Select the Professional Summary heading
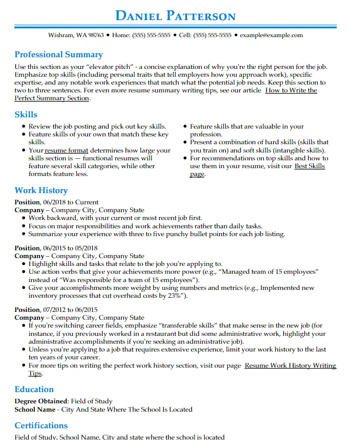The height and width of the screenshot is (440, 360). click(59, 54)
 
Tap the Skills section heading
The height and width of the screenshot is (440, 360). click(26, 114)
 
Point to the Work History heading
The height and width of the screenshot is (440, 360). click(41, 190)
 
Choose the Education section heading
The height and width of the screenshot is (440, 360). click(34, 389)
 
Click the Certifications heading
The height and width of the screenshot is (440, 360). click(41, 425)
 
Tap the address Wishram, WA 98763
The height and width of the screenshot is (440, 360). click(76, 35)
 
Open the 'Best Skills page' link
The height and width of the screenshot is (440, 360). click(309, 166)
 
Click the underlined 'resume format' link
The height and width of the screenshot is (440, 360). click(66, 151)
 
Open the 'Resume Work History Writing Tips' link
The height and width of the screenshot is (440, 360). click(290, 366)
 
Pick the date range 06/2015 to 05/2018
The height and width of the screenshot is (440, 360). click(70, 248)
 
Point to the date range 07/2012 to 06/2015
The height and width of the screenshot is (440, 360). click(70, 309)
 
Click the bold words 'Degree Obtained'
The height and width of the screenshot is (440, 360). click(41, 401)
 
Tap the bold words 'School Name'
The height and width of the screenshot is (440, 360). click(35, 409)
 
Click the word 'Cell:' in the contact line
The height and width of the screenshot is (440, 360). click(185, 35)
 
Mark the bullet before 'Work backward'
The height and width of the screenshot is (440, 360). click(24, 219)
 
